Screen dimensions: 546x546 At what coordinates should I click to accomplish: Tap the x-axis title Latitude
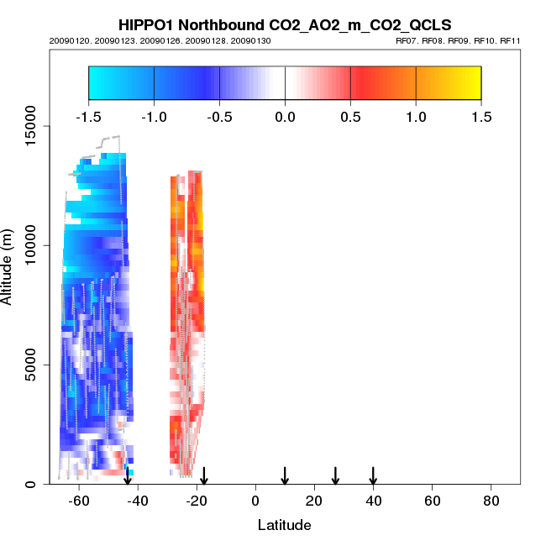point(284,525)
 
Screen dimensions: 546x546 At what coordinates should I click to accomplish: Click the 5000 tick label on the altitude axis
point(31,365)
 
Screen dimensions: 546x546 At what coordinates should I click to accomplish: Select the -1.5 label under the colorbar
point(88,116)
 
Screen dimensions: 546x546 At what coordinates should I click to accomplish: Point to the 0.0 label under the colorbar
point(285,116)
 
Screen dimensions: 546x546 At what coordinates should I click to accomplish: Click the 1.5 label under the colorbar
point(481,116)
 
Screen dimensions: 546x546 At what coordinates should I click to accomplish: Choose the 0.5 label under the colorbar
point(350,116)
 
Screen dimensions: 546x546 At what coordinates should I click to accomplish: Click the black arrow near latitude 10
point(285,475)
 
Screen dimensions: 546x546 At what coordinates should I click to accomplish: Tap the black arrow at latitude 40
point(373,475)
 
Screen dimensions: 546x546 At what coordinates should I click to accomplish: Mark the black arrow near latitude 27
point(335,475)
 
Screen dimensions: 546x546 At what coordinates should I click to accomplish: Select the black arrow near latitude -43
point(128,475)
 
